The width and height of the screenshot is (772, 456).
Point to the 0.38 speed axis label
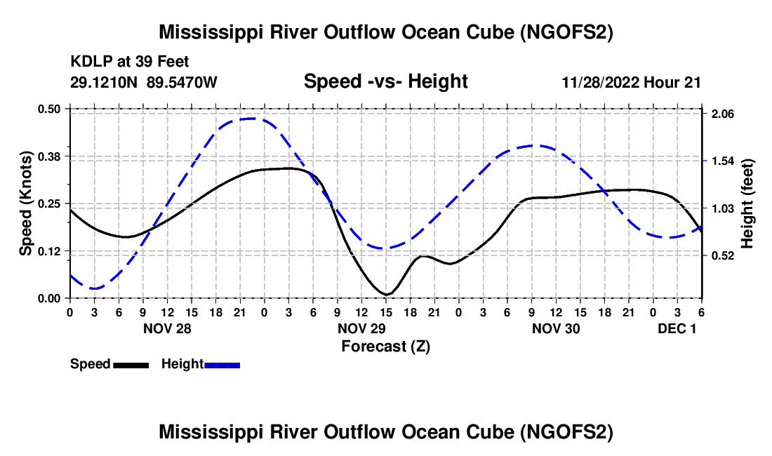click(x=48, y=156)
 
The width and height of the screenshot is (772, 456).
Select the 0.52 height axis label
click(x=722, y=256)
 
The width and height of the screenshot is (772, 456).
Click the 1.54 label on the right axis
click(x=722, y=161)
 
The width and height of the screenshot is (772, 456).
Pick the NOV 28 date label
click(x=167, y=328)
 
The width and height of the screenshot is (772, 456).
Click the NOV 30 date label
click(x=556, y=328)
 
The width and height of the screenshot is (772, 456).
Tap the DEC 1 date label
click(x=677, y=328)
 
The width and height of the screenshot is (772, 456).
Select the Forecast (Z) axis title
click(x=385, y=347)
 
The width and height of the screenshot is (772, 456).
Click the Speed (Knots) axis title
click(x=25, y=203)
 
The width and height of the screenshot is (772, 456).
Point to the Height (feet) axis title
click(x=747, y=203)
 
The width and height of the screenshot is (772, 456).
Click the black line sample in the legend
click(x=131, y=365)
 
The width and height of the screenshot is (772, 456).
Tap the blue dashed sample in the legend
click(x=222, y=365)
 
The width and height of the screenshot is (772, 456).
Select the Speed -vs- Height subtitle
click(x=385, y=81)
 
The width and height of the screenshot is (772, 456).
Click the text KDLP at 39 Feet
click(x=130, y=62)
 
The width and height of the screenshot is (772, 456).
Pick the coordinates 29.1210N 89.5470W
click(x=143, y=82)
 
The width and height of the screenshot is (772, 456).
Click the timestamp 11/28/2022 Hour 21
click(x=631, y=82)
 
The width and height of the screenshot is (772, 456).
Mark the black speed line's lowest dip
click(x=387, y=294)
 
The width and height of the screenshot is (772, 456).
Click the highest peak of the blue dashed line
click(x=252, y=119)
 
